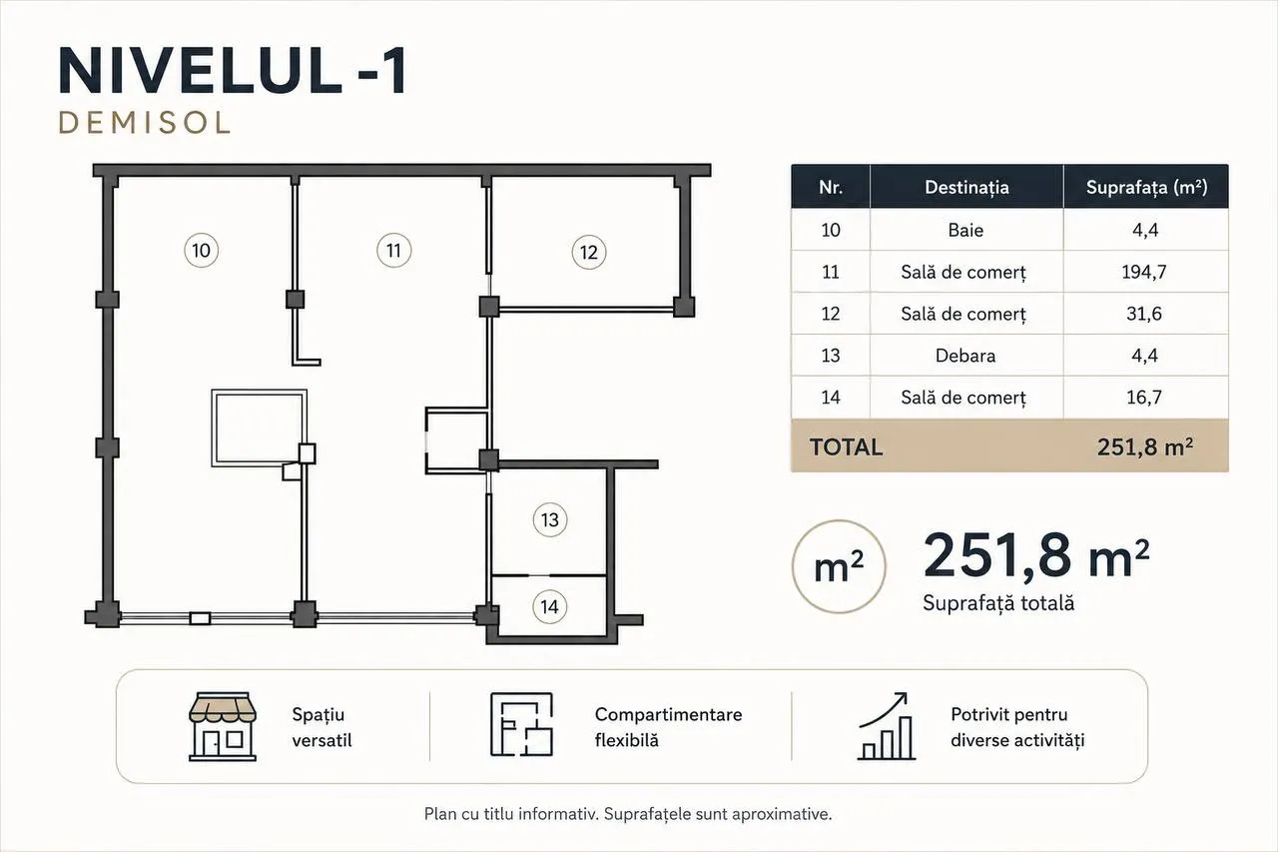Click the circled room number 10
coord(201,251)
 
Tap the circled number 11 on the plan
coord(393,251)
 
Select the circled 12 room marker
coord(589,253)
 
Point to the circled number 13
coord(550,519)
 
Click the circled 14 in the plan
coord(550,606)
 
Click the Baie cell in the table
coord(965,230)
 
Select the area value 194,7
coord(1144,272)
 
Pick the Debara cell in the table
coord(965,356)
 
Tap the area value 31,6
coord(1144,314)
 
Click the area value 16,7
coord(1144,398)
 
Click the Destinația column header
coord(966,187)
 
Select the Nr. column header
coord(831,187)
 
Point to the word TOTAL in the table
coord(846,446)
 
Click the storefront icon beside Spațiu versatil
coord(223,727)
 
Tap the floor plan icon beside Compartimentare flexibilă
coord(521,725)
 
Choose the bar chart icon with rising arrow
coord(887,726)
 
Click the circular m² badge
coord(839,566)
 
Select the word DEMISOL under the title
coord(145,123)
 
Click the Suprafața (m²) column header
coord(1147,187)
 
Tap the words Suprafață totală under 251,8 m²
coord(998,603)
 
